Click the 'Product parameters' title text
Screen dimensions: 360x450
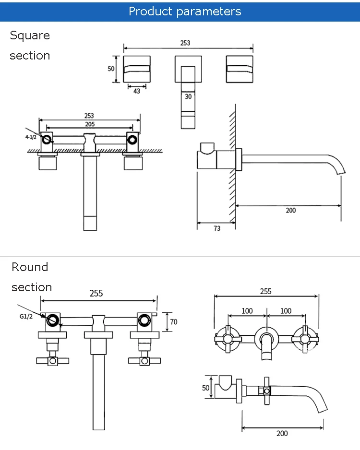point(185,12)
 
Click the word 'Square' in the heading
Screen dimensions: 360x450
point(30,36)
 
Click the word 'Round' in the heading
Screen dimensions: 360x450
point(30,267)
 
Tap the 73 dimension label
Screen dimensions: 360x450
point(217,228)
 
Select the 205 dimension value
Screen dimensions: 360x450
point(90,124)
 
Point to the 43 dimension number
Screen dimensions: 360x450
point(137,91)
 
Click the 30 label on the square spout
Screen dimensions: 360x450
point(188,96)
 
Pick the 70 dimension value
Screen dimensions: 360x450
point(174,322)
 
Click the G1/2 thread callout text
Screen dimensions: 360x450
point(26,316)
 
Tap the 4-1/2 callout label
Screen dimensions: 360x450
point(31,137)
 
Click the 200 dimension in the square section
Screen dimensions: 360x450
point(291,210)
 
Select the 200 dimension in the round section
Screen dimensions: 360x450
point(282,433)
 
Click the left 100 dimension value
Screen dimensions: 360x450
point(247,311)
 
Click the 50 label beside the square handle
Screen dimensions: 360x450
point(111,69)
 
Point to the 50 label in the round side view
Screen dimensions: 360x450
point(205,388)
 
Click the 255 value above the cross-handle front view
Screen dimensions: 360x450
point(266,291)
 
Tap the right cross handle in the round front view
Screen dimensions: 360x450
point(305,339)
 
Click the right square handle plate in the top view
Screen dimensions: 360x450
point(240,69)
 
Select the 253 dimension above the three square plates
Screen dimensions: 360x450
point(185,43)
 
